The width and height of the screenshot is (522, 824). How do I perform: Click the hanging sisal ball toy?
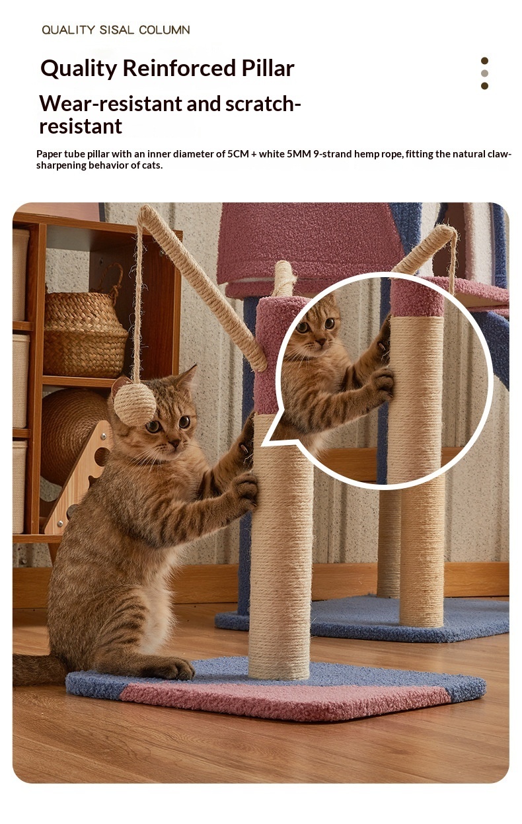click(x=135, y=404)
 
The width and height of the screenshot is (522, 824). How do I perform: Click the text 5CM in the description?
click(x=239, y=154)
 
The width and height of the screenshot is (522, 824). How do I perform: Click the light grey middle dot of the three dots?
click(x=484, y=73)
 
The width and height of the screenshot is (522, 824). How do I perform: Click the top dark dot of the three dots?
click(x=484, y=61)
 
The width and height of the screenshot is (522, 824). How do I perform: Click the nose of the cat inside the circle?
click(x=320, y=342)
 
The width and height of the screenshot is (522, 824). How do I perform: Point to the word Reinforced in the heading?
click(x=179, y=68)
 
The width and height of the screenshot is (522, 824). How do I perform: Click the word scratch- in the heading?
click(x=263, y=104)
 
